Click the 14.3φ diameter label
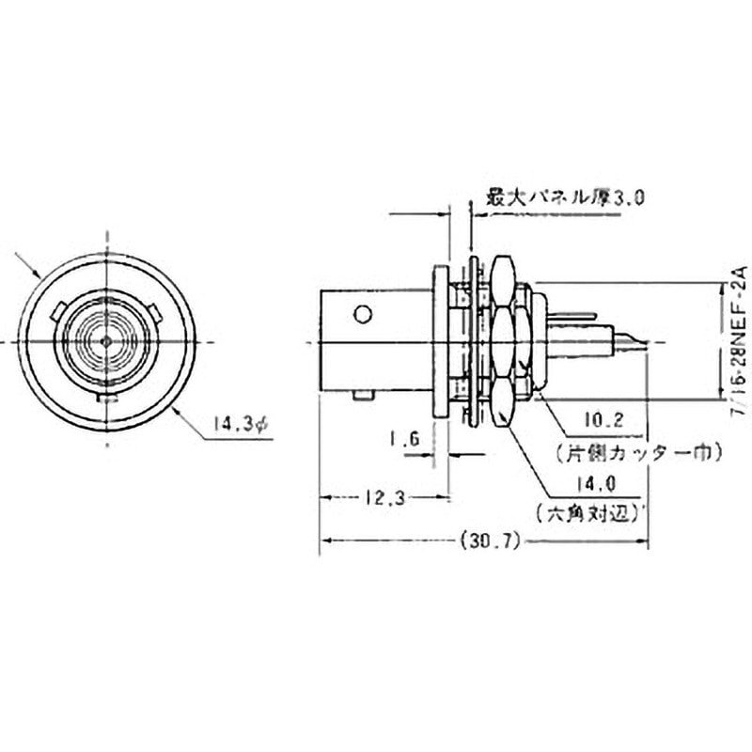point(240,426)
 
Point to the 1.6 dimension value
point(402,438)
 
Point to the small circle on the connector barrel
point(364,312)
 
